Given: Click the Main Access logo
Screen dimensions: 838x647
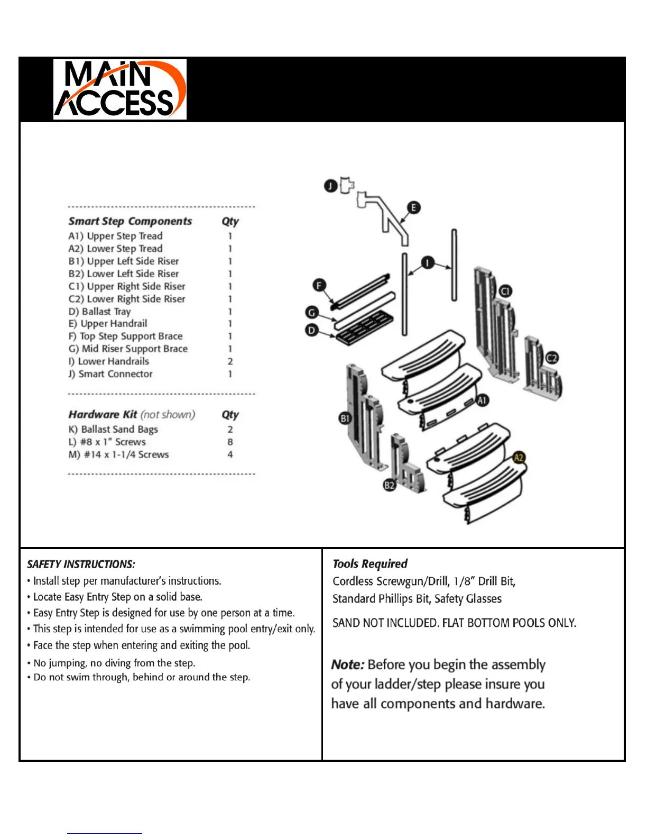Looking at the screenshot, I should (119, 89).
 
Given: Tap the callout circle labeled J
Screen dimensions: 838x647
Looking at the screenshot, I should (330, 186).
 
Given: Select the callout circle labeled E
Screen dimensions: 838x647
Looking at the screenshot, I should (413, 207).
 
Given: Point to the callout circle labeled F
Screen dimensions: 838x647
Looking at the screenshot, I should (319, 286).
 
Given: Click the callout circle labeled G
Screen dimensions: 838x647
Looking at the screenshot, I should (312, 312).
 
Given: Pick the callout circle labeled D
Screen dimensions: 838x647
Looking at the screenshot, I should (311, 331).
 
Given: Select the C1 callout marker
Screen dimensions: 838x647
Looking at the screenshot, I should (505, 291).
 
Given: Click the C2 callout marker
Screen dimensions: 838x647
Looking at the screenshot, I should (551, 358).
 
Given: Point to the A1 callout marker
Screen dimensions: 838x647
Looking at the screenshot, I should (482, 400).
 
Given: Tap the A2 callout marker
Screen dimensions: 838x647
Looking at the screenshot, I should (519, 458).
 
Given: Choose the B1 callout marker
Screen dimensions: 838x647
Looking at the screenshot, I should (345, 418).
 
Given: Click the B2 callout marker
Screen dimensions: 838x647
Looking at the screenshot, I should (389, 485).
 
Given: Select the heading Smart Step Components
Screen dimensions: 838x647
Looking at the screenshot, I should (130, 221).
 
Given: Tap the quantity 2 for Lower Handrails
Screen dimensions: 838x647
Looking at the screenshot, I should (230, 361).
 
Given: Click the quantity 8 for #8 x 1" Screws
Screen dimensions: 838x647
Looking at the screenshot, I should (230, 442).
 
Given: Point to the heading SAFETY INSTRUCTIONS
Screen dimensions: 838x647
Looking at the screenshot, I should (81, 564).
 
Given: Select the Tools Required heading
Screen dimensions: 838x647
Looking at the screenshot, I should (370, 563).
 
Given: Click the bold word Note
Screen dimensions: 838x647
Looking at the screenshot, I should (347, 664).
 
